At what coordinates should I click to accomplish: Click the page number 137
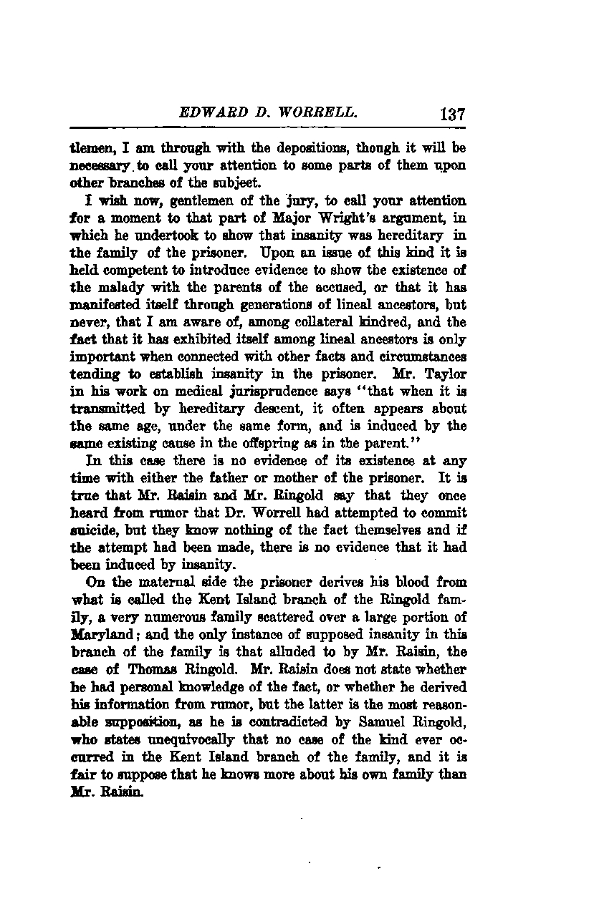point(454,114)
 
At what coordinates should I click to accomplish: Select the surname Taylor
point(446,373)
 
